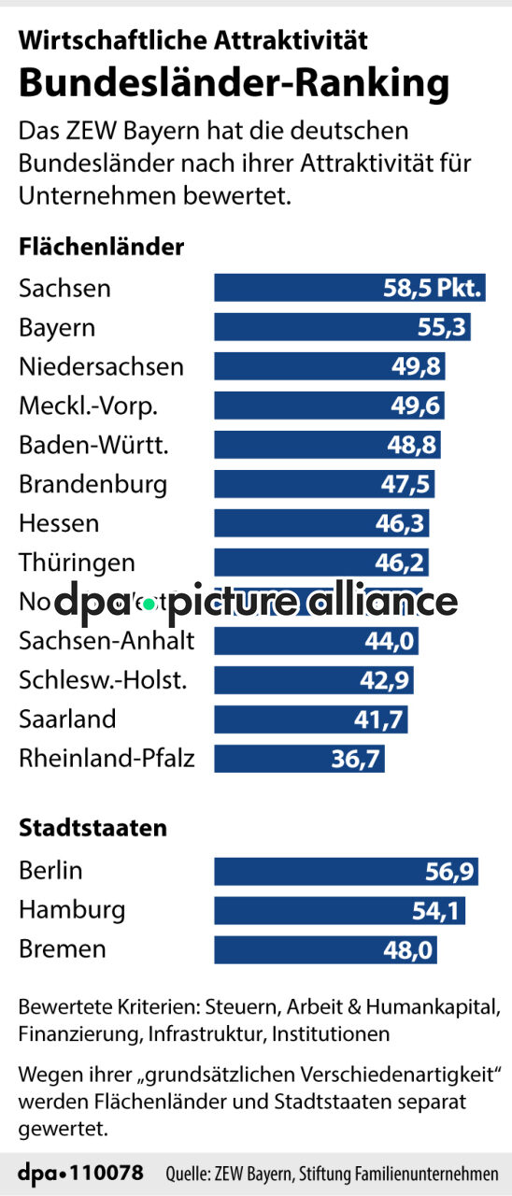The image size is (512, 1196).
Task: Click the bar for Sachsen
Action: pos(349,288)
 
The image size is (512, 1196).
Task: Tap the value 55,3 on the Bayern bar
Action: pos(441,327)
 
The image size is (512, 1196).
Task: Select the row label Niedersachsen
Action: pos(101,366)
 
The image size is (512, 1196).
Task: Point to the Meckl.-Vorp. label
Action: pos(89,406)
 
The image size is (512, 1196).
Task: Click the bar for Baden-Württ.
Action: pos(327,445)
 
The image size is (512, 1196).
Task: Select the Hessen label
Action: pos(59,523)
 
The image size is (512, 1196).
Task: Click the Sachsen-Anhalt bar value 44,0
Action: pos(391,641)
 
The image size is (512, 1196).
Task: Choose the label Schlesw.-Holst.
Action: pos(103,680)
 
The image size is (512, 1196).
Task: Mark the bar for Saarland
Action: pos(311,719)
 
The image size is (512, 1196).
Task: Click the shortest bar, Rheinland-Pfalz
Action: pos(299,759)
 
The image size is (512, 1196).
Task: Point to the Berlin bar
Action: pos(346,872)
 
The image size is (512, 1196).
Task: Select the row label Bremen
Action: pos(63,950)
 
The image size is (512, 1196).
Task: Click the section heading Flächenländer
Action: pos(101,248)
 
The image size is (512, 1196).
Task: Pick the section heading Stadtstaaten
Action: pos(93,828)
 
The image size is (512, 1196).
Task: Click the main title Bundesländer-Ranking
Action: pos(234,82)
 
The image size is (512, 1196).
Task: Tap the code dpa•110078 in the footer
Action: pos(81,1173)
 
